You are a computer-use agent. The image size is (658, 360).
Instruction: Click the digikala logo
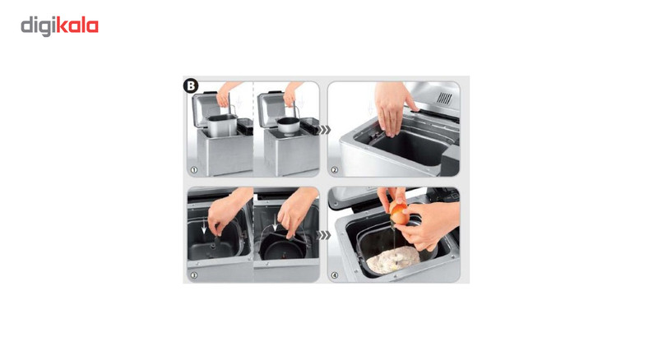click(59, 26)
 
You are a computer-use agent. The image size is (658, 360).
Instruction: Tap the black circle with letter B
click(191, 85)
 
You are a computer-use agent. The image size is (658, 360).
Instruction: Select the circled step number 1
click(194, 170)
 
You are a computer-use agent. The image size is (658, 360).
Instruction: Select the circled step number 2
click(335, 170)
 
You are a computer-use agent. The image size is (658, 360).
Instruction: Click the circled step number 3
click(194, 275)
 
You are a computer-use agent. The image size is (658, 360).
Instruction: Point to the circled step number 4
click(335, 275)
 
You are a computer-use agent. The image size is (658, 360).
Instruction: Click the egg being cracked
click(399, 213)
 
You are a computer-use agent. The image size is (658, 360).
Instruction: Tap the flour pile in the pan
click(393, 260)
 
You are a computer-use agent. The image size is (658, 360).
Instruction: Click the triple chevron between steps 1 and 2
click(324, 130)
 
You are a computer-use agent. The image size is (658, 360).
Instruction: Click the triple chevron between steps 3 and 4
click(324, 235)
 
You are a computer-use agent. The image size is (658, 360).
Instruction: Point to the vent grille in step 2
click(444, 99)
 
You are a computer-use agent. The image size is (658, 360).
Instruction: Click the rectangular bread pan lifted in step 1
click(221, 126)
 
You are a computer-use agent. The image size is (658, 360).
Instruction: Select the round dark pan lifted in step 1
click(289, 126)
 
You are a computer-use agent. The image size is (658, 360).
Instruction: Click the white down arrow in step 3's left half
click(204, 226)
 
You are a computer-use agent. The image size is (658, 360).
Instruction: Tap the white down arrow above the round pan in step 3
click(275, 224)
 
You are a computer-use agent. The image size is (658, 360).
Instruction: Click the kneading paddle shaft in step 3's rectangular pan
click(215, 243)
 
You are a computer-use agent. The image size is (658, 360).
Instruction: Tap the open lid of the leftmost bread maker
click(206, 109)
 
